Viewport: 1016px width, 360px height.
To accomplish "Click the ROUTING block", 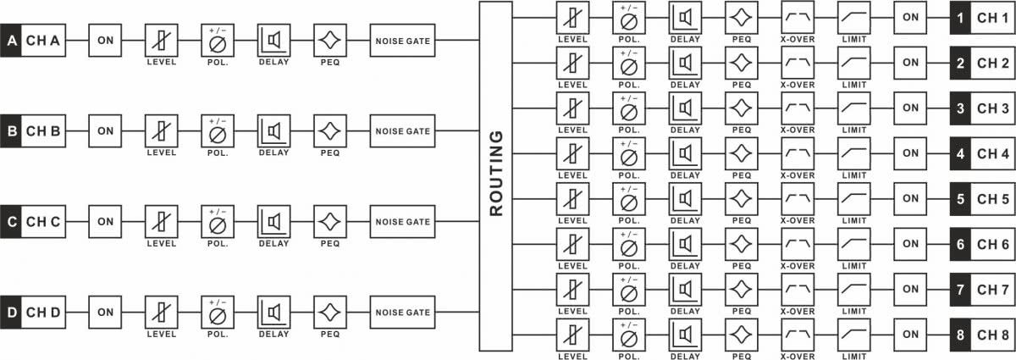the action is [496, 175].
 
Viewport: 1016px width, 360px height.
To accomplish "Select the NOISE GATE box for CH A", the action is [402, 41].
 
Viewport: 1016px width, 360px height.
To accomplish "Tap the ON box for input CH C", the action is [105, 222].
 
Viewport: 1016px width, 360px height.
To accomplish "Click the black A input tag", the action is [11, 41].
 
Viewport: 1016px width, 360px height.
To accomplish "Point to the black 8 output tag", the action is [960, 335].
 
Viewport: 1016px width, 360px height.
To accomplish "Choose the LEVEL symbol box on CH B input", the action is [162, 130].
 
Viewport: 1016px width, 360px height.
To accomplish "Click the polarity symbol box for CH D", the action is [218, 313].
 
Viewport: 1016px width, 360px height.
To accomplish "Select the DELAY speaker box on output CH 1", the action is [685, 18].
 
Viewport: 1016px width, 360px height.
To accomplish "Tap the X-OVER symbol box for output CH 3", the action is [798, 108].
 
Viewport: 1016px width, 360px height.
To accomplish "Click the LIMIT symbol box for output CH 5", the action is [854, 199].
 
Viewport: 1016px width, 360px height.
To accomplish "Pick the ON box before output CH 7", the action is [910, 290].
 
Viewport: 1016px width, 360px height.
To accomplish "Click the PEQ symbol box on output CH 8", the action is [742, 335].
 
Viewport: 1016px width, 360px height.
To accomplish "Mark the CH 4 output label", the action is [993, 153].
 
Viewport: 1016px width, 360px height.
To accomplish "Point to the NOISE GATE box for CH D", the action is [402, 313].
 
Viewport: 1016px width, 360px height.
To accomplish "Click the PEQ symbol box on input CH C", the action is [330, 222].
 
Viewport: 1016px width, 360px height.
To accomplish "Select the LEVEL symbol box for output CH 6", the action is [573, 244].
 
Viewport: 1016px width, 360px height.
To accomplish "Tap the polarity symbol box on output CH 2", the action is [629, 63].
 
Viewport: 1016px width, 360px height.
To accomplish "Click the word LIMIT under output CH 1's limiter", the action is [854, 40].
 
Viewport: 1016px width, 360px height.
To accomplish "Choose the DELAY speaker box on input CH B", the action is [274, 130].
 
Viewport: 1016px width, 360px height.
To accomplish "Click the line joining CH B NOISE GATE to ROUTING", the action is [457, 130].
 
